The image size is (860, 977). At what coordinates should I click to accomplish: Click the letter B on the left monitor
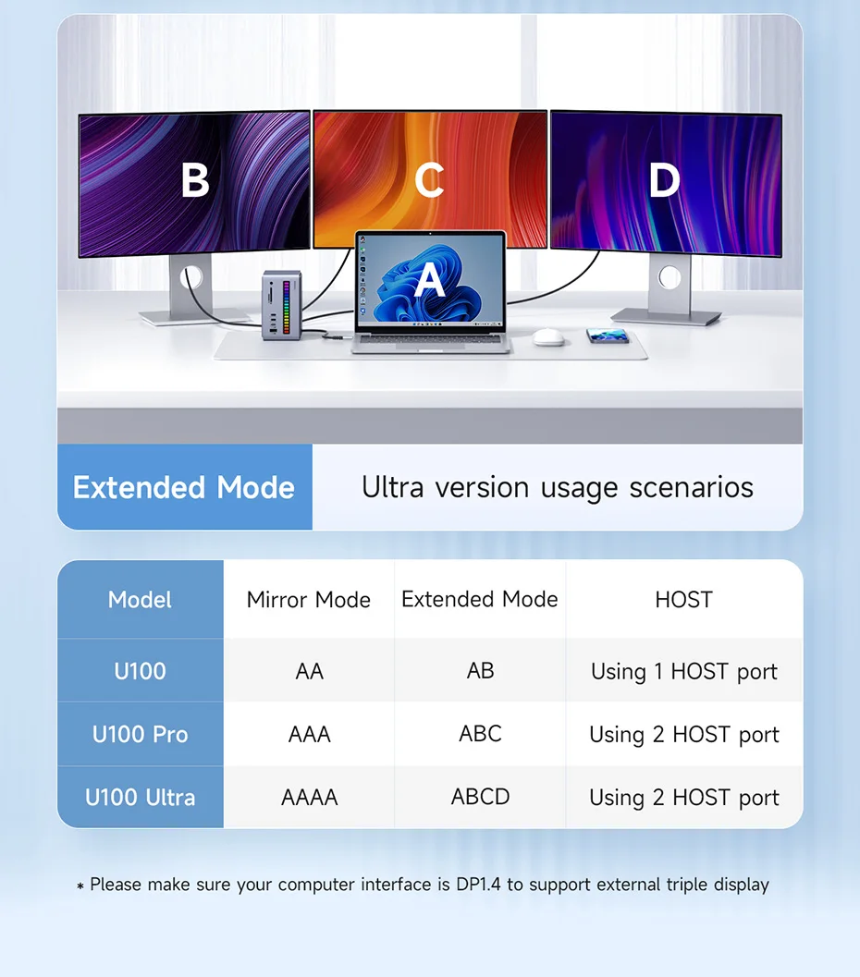coord(195,179)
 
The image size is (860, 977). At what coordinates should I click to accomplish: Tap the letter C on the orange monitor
coord(429,179)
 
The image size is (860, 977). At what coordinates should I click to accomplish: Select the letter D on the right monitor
coord(664,179)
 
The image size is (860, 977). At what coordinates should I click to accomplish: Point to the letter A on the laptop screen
coord(430,280)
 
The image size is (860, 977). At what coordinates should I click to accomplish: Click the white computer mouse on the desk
coord(548,337)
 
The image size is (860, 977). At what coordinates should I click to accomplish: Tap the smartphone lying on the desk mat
coord(607,336)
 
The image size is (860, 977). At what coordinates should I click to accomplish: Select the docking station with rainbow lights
coord(282,305)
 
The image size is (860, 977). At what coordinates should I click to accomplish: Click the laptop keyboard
coord(430,338)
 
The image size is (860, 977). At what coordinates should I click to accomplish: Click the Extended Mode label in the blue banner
coord(184,487)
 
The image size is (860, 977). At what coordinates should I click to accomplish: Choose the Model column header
coord(140,599)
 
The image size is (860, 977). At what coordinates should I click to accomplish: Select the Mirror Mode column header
coord(309,599)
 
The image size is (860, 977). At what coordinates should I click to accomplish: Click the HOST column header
coord(683,599)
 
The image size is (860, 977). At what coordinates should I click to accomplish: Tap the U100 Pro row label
coord(140,734)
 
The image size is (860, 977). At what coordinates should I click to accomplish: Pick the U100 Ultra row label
coord(140,797)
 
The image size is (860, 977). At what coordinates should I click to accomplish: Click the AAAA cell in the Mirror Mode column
coord(309,797)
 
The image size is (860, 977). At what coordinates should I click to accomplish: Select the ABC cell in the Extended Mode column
coord(480,733)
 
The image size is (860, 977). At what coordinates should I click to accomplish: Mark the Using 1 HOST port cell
coord(683,672)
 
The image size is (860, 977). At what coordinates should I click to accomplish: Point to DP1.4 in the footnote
coord(478,885)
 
